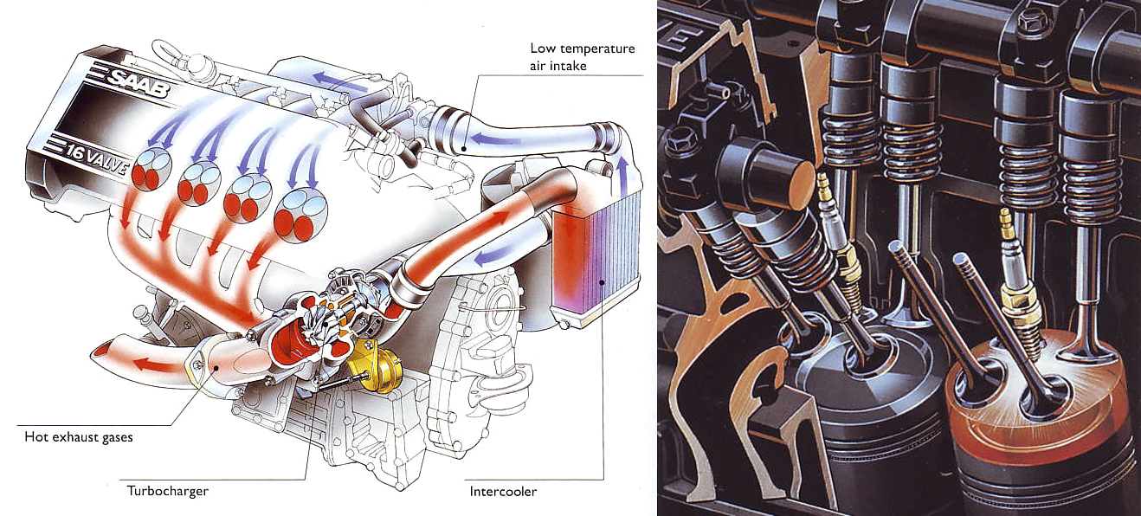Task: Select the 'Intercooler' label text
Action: click(x=503, y=491)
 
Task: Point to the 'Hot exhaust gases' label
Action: click(x=79, y=437)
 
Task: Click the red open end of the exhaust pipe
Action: click(x=101, y=351)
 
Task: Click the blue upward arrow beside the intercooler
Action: click(x=621, y=177)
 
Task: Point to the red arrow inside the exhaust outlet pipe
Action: click(x=155, y=364)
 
